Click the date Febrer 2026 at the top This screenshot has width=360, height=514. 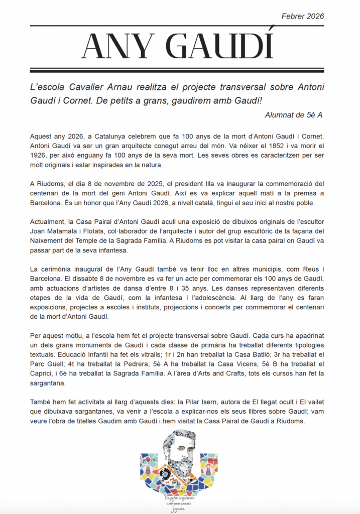click(x=303, y=16)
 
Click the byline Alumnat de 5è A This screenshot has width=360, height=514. click(x=293, y=115)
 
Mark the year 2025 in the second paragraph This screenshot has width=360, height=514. click(x=164, y=183)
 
